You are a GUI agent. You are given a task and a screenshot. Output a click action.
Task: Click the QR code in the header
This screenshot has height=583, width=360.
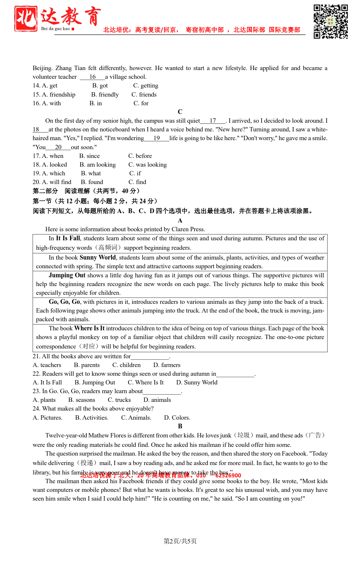coord(331,21)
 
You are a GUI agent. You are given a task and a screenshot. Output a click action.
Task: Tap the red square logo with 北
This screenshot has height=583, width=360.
coord(26,19)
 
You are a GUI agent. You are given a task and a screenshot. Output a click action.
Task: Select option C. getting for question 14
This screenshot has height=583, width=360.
coord(146,86)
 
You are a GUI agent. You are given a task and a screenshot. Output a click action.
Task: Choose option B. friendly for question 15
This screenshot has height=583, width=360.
coord(105,95)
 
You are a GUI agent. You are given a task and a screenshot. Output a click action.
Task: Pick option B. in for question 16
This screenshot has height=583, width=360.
coord(96,103)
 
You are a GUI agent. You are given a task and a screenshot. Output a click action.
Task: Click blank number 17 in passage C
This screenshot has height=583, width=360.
coord(213,121)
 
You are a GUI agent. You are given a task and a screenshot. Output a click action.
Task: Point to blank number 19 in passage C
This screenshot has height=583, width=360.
coord(157,138)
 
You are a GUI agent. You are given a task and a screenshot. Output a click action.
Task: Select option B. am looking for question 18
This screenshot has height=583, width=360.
coord(98,165)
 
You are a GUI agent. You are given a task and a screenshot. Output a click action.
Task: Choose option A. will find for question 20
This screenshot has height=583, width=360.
coord(52,182)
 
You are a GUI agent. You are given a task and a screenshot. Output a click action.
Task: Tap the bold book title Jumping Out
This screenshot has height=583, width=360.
coord(67,275)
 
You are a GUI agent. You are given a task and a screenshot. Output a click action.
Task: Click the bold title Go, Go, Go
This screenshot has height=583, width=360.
coord(64,302)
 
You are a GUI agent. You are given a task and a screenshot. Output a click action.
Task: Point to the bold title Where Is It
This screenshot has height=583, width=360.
coord(89,328)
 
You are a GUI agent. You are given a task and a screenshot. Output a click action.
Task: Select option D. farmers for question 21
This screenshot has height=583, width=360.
coord(167,365)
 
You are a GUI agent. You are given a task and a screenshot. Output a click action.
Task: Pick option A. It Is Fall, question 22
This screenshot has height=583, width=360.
coord(47,383)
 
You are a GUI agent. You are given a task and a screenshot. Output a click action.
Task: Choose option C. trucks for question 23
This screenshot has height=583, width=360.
coord(119,400)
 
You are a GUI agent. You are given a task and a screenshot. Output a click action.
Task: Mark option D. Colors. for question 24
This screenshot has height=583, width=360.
coord(177,418)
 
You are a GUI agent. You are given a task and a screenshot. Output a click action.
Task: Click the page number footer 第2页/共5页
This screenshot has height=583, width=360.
coord(180,541)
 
